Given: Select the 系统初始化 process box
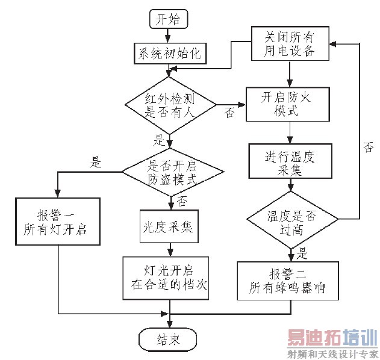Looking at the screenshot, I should click(169, 53).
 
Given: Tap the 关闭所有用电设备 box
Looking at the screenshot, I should click(290, 43).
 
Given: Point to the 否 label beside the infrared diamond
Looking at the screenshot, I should click(229, 113).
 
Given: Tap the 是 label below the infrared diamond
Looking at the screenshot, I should click(160, 141).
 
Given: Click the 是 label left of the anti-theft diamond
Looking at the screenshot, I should click(95, 161).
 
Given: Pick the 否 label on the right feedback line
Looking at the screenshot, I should click(368, 147).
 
